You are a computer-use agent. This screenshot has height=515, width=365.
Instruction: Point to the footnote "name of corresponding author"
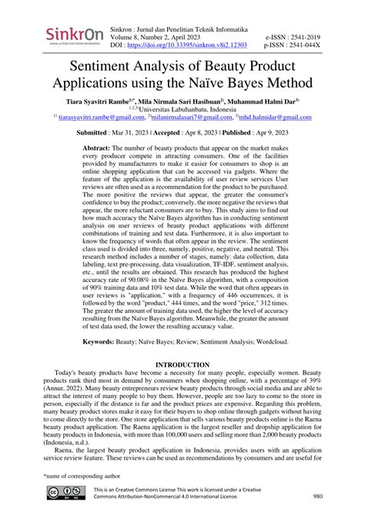(x=88, y=477)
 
